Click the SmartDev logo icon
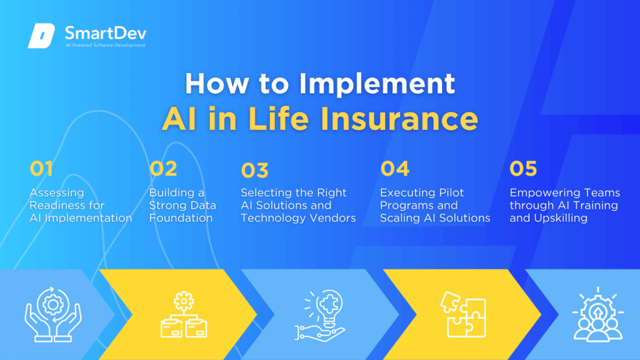point(41,36)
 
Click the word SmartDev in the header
point(105,33)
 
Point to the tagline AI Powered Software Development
point(105,45)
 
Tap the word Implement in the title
point(377,83)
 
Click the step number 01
point(41,168)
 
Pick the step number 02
point(163,168)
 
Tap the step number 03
point(255,170)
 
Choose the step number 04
point(395,168)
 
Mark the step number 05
point(523,168)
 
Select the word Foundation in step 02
point(181,218)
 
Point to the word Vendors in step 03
point(331,218)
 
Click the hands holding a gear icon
point(53,314)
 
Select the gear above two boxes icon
point(184,314)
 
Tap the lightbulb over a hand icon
point(321,315)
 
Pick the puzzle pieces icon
point(464,314)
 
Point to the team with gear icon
point(598,314)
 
